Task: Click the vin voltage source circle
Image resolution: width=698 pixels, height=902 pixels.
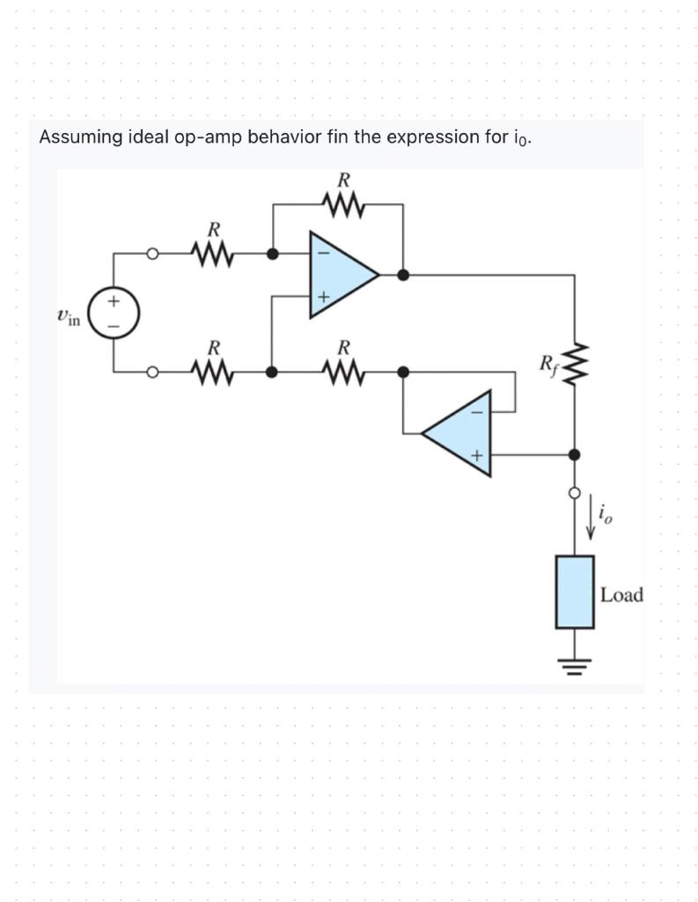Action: [114, 313]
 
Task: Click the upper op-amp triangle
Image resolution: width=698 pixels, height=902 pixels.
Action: [340, 274]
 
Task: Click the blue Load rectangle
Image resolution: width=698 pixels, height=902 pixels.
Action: [574, 591]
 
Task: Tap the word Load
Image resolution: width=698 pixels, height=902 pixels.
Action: [621, 595]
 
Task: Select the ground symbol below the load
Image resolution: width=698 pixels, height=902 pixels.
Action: [574, 662]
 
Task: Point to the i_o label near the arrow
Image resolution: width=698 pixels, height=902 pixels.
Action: [606, 512]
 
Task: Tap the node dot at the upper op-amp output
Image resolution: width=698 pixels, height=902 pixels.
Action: [403, 274]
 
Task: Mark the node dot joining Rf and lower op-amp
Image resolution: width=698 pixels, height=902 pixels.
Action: [574, 455]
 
